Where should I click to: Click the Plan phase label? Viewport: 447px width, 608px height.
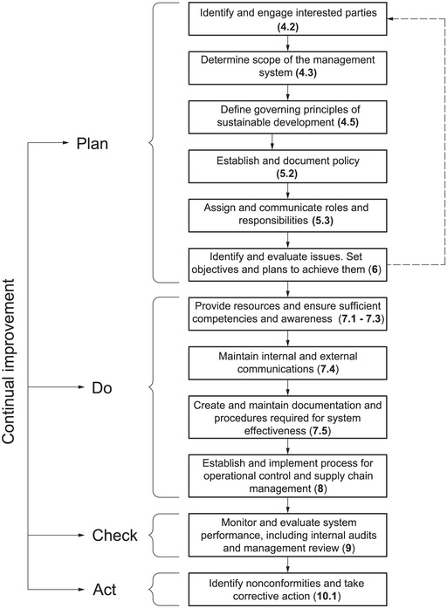tap(92, 144)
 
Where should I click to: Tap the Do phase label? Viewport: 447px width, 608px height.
tap(101, 388)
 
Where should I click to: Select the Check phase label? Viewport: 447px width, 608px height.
tap(115, 536)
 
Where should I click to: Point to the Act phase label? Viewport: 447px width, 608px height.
tap(105, 590)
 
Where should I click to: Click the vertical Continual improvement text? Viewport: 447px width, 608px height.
tap(9, 361)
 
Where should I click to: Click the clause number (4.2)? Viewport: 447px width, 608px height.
tap(287, 27)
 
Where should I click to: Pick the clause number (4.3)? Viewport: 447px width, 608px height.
tap(306, 72)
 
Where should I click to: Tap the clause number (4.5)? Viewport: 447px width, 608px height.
tap(347, 122)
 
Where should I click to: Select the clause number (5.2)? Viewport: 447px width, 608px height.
tap(286, 174)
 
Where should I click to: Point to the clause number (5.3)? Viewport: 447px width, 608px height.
tap(322, 220)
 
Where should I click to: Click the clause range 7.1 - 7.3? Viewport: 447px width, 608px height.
tap(361, 318)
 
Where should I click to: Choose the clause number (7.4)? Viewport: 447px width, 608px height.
tap(327, 369)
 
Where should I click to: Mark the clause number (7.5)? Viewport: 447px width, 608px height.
tap(320, 431)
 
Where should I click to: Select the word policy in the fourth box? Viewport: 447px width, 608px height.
tap(346, 161)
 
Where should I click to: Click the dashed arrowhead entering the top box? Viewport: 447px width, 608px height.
tap(391, 18)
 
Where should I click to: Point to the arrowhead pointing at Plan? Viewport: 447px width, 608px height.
tap(65, 143)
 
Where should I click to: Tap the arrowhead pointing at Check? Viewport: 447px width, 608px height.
tap(81, 535)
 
